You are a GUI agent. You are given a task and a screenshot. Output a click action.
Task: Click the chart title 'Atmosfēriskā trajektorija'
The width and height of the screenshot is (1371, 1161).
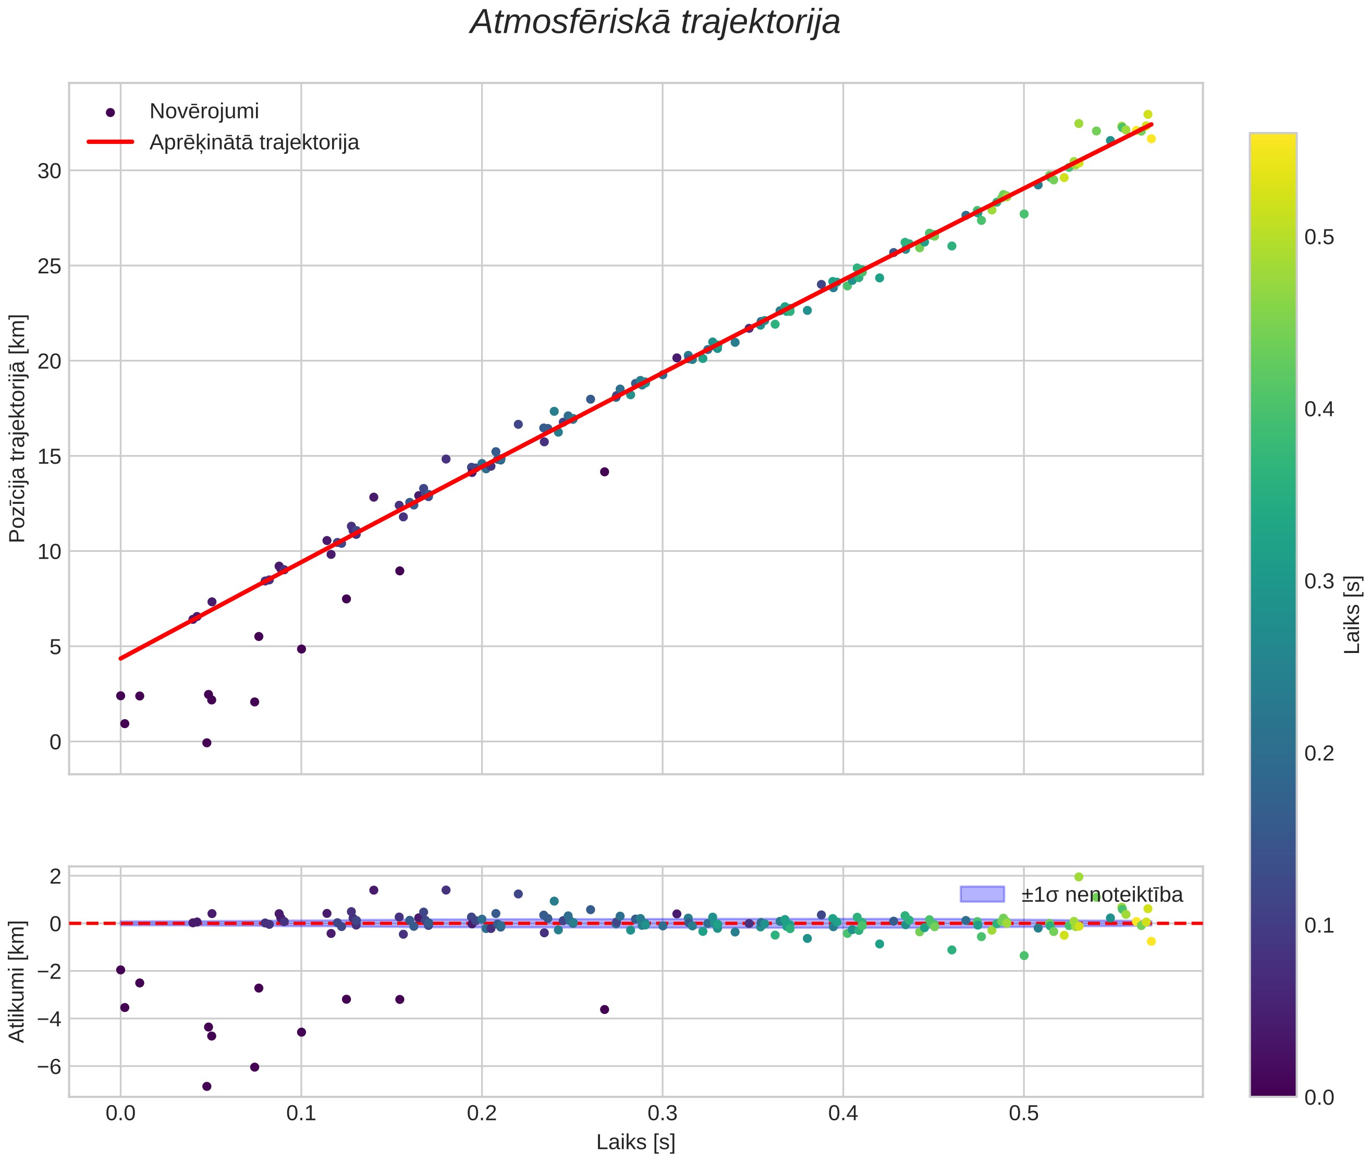coord(655,22)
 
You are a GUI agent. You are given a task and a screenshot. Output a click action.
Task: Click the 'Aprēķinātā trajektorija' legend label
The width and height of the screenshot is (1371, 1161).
coord(254,142)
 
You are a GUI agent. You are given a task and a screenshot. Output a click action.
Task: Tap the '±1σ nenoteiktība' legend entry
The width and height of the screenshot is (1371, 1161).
coord(1072,894)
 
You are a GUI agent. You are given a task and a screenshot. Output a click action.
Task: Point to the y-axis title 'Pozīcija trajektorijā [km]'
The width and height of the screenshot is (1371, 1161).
coord(18,429)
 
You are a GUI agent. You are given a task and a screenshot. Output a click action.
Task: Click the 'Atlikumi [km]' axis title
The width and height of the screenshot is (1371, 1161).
coord(18,982)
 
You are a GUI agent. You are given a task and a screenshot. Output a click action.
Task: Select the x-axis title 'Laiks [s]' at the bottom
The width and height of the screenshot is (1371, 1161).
coord(635,1142)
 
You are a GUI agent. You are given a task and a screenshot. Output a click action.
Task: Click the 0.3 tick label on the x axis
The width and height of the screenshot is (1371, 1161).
coord(663,1114)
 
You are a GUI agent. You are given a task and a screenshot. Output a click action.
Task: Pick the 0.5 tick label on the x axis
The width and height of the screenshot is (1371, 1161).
coord(1024,1114)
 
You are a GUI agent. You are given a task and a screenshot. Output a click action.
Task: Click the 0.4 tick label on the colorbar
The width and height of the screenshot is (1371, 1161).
coord(1319,409)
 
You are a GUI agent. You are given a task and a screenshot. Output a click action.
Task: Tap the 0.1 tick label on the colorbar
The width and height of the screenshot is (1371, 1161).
coord(1319,925)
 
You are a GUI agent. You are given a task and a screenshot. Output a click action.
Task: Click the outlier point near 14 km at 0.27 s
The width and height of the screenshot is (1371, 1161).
coord(605,472)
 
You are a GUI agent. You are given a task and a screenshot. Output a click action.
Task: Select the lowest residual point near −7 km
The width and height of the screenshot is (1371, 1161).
coord(206,1086)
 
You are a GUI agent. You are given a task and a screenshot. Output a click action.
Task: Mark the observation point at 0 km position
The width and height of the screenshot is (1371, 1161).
coord(206,742)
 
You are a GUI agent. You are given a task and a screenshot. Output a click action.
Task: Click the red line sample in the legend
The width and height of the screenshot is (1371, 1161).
coord(111,142)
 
